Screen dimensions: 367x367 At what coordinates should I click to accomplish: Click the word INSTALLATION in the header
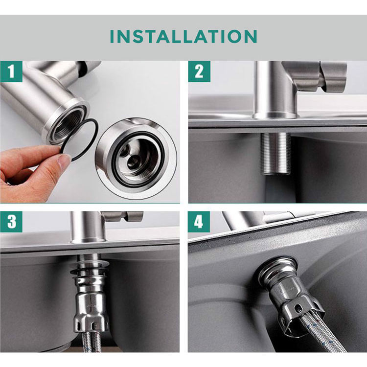(x=183, y=36)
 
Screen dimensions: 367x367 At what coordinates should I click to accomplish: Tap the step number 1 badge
(x=11, y=71)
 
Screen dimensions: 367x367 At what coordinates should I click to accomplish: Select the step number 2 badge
(x=199, y=71)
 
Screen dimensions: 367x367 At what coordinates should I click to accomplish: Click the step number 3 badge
(x=11, y=222)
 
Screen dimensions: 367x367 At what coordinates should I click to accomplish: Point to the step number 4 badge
(x=199, y=222)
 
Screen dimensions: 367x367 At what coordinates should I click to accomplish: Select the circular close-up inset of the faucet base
(x=136, y=159)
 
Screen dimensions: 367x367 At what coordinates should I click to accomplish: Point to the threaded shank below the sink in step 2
(x=275, y=153)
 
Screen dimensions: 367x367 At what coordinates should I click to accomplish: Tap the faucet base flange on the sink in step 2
(x=275, y=115)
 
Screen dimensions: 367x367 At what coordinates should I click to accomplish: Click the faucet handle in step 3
(x=134, y=216)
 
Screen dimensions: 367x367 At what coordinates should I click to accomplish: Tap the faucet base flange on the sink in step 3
(x=88, y=240)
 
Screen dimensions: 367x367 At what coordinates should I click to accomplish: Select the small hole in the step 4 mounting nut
(x=297, y=307)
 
